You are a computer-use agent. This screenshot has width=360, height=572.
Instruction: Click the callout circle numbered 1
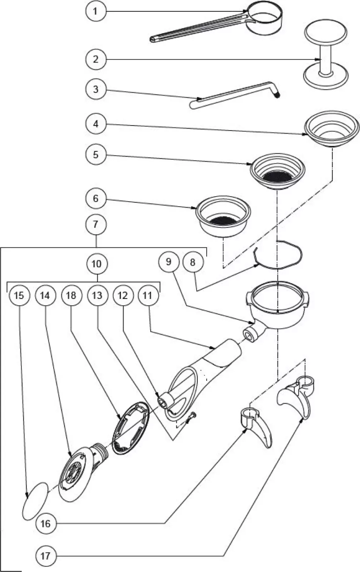point(95,11)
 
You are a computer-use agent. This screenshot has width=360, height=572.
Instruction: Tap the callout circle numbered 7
point(95,225)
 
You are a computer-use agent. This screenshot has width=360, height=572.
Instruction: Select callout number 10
point(97,264)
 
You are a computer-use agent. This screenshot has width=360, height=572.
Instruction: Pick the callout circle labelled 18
point(71,295)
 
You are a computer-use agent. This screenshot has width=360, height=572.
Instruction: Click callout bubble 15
point(19,295)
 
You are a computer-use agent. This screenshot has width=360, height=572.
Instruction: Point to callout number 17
point(45,556)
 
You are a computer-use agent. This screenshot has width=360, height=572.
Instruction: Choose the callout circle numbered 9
point(169,262)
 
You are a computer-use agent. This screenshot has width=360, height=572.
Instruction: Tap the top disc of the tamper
point(326,31)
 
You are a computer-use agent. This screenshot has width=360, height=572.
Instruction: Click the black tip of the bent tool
point(278,95)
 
